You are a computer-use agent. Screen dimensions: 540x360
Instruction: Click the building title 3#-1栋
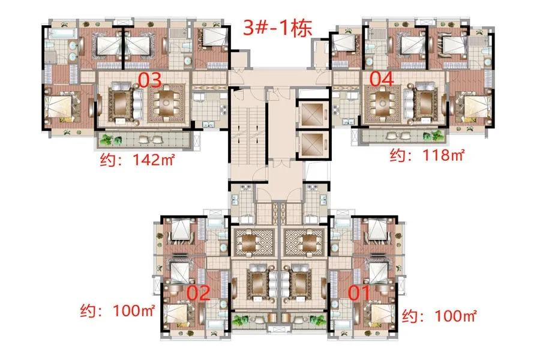(x=278, y=28)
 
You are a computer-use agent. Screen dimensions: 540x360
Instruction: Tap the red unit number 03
(x=150, y=80)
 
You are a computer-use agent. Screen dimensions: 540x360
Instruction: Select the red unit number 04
(x=382, y=79)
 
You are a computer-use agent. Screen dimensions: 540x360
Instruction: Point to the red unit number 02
(x=199, y=293)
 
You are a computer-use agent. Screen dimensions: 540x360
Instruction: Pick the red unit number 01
(x=359, y=293)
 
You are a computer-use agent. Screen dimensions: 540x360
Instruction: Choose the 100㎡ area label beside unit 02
(x=117, y=311)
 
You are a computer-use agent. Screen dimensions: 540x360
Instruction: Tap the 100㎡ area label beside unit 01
(x=439, y=316)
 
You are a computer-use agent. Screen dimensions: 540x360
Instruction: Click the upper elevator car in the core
(x=312, y=114)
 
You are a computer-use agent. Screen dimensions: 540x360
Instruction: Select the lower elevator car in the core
(x=312, y=145)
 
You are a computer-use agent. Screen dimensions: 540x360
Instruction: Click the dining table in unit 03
(x=166, y=103)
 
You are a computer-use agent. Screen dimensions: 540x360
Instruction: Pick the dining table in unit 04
(x=382, y=103)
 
